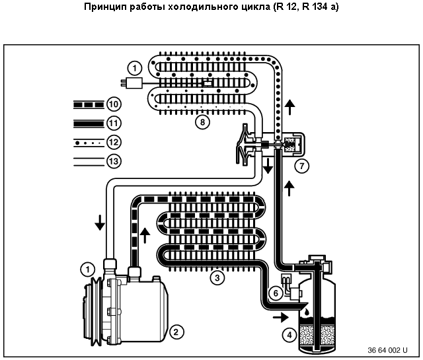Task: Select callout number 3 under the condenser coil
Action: pos(215,277)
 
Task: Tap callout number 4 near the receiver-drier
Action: pos(288,335)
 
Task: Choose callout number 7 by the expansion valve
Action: pos(302,166)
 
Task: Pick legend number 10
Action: pos(112,104)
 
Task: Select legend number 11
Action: pos(112,123)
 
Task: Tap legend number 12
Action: pos(112,141)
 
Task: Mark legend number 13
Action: pos(112,161)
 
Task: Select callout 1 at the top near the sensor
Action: pos(134,67)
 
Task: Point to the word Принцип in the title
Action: pos(103,8)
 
